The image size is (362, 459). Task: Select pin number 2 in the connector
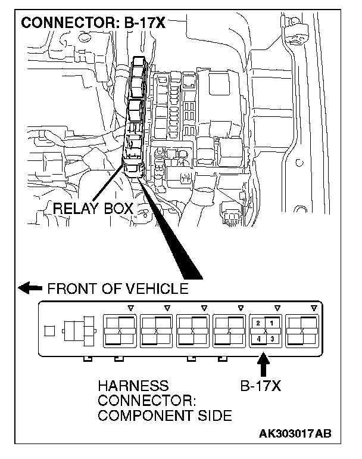pos(258,323)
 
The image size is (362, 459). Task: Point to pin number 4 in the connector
pos(258,339)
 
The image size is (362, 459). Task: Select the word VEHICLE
pos(158,289)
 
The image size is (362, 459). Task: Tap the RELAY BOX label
pos(93,209)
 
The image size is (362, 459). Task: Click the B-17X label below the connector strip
pos(260,386)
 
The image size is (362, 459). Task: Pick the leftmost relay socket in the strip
pos(120,330)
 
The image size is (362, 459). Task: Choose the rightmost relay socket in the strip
pos(302,330)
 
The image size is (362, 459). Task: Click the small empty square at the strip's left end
pos(51,328)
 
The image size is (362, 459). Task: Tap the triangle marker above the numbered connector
pos(276,308)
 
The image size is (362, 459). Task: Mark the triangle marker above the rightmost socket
pos(314,308)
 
